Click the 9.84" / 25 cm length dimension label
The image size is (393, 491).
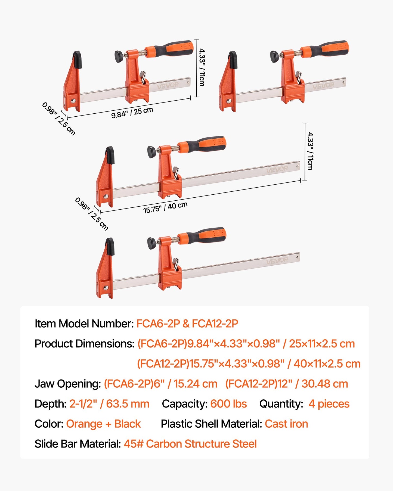(x=132, y=113)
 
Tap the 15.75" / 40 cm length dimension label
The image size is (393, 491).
(x=165, y=207)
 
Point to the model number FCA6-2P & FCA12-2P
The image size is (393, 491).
(x=187, y=324)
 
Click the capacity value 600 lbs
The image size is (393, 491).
(x=228, y=404)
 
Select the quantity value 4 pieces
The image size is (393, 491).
(x=329, y=404)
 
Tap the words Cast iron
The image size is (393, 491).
(x=286, y=424)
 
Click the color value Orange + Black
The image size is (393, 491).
(x=103, y=424)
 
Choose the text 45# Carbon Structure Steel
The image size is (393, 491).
(x=190, y=444)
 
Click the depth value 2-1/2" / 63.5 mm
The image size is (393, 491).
(x=109, y=404)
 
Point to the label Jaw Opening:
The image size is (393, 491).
(x=68, y=384)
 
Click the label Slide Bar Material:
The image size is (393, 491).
(x=78, y=444)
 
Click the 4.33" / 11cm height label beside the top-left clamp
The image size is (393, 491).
(x=202, y=67)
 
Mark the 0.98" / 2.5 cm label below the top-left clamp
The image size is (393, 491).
(x=59, y=119)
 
